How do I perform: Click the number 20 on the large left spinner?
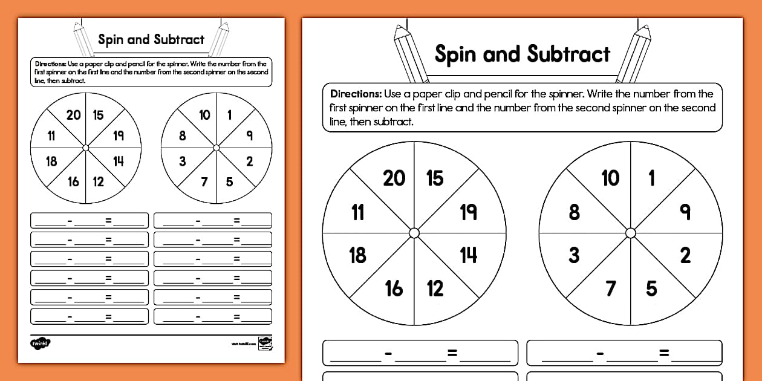(394, 178)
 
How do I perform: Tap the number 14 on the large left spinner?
(469, 255)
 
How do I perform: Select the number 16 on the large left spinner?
(394, 288)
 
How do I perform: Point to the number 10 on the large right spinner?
(610, 178)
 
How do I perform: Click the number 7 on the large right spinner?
(611, 288)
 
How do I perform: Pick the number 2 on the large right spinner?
(685, 255)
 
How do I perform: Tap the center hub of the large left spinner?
(414, 233)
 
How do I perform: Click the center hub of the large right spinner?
(631, 233)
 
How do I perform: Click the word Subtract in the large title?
(568, 54)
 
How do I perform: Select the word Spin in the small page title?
(111, 40)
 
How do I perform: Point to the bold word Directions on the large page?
(356, 94)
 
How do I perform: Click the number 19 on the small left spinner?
(119, 135)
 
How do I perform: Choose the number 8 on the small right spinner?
(182, 135)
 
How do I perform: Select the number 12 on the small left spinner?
(98, 181)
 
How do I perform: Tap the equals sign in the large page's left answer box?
(452, 353)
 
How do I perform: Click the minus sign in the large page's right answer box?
(601, 353)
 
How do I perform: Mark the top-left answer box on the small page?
(90, 221)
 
